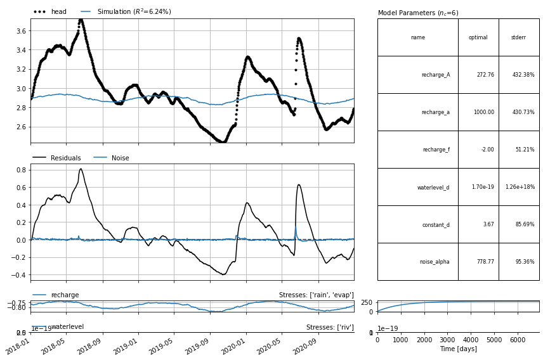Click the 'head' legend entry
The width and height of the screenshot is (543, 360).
point(58,12)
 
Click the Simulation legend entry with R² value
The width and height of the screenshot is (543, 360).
point(134,12)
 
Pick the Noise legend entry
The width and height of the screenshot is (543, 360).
point(121,158)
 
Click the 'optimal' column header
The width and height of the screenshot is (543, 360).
point(478,37)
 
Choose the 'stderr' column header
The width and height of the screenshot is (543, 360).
point(518,37)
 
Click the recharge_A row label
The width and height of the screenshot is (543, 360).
point(435,75)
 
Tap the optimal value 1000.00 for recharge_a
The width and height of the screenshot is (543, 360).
point(481,112)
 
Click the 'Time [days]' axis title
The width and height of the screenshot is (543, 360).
point(458,349)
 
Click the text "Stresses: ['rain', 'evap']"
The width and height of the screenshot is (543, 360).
point(316,295)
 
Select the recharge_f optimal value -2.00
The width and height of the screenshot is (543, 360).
point(484,150)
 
